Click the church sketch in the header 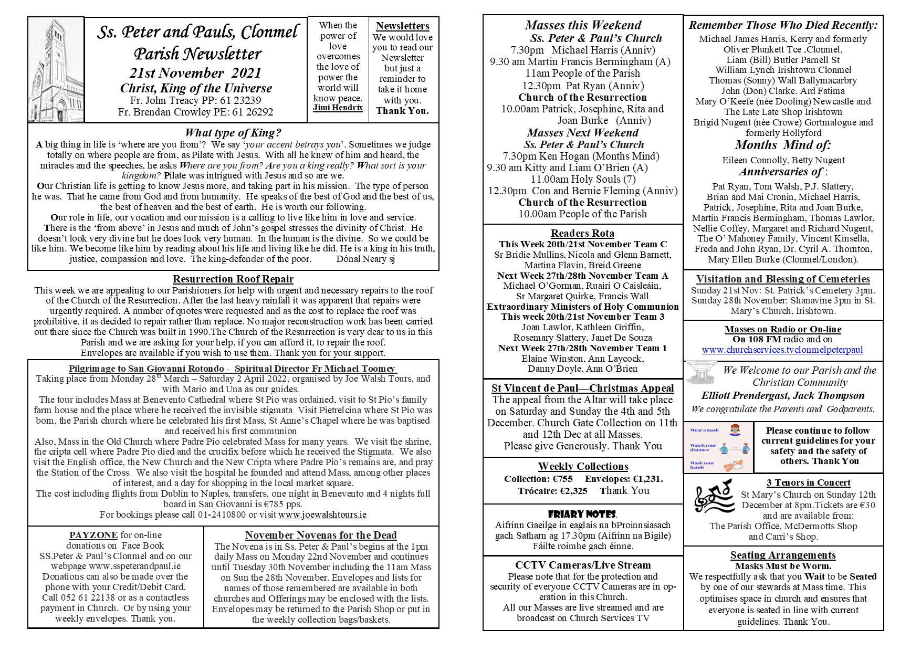(x=56, y=70)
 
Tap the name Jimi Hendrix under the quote (x=338, y=108)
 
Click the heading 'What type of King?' (x=233, y=133)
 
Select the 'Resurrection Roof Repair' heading (x=233, y=279)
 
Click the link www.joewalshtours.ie (x=322, y=514)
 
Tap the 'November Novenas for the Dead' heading (x=321, y=535)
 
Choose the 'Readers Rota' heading (x=582, y=234)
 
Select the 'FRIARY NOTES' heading (x=582, y=514)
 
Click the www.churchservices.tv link (x=782, y=350)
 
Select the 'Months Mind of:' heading (x=782, y=145)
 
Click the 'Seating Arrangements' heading (x=782, y=555)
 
